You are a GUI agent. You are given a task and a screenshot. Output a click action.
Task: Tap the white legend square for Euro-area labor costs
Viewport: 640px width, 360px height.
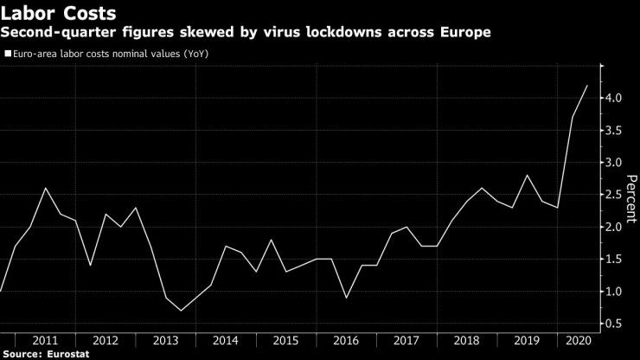[x=6, y=53]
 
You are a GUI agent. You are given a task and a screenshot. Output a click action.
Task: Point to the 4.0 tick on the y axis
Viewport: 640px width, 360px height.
[x=614, y=98]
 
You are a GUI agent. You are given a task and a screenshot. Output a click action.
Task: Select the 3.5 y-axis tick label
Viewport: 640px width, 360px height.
[x=614, y=131]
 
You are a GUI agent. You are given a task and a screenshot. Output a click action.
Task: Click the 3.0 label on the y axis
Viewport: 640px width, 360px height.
[x=614, y=163]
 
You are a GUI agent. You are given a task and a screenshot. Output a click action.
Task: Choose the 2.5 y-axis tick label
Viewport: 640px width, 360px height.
[x=614, y=195]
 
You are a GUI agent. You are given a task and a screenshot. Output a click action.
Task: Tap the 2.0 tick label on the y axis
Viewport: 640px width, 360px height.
[x=614, y=227]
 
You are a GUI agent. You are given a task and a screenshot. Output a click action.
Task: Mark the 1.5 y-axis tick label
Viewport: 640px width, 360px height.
[x=614, y=259]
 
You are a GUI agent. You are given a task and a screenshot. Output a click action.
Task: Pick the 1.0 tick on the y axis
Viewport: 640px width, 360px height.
[x=614, y=292]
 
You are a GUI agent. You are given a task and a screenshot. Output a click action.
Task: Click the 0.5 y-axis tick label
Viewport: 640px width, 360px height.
[x=614, y=324]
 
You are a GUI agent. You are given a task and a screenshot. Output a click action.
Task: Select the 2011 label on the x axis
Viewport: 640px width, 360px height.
[x=45, y=340]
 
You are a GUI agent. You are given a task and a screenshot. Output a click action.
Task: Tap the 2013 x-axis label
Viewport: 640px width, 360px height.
[x=165, y=340]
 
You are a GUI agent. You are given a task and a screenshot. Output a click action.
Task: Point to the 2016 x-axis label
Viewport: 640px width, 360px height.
[x=346, y=340]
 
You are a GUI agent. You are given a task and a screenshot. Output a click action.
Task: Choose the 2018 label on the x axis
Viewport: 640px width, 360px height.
[x=466, y=340]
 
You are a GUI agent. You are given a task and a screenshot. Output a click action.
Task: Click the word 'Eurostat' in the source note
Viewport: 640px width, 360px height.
[x=67, y=353]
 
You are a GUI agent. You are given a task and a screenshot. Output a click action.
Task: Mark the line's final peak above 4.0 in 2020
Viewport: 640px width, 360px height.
[x=587, y=85]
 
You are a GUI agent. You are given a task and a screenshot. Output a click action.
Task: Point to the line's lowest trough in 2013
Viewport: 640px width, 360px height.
[x=181, y=311]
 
